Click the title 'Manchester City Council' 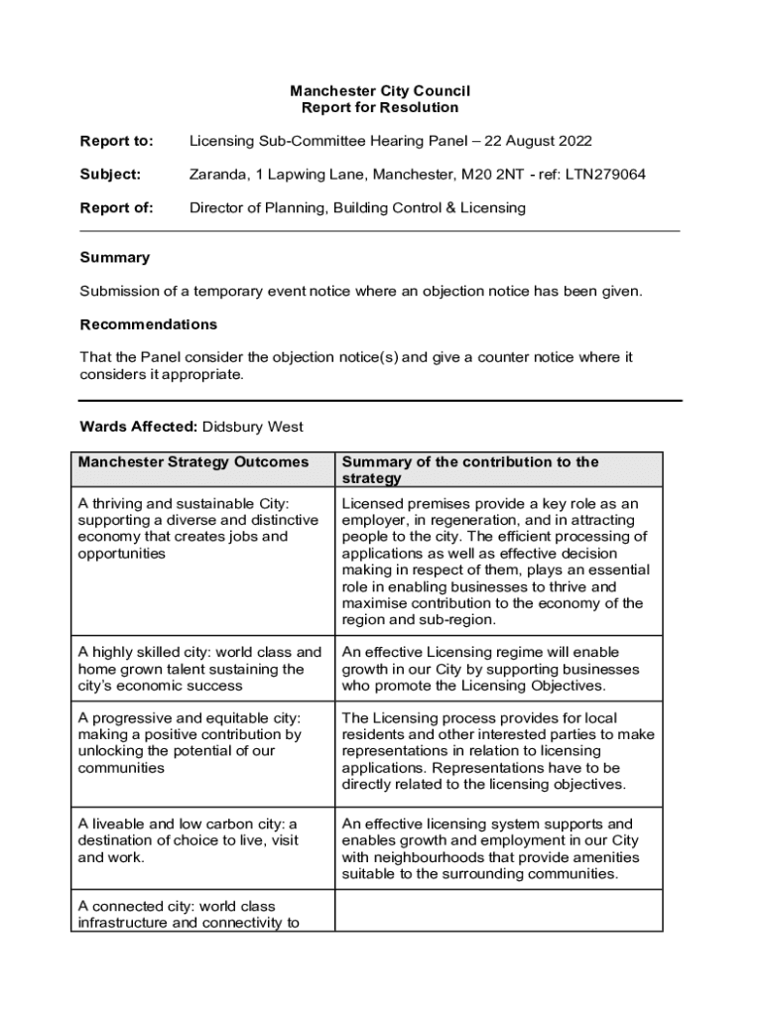click(x=380, y=90)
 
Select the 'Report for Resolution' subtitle click(x=380, y=107)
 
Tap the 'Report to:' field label click(x=116, y=142)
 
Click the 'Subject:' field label click(x=110, y=175)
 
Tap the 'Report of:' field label click(x=116, y=208)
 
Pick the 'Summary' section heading click(x=114, y=258)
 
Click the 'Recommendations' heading click(x=148, y=324)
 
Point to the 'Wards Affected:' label click(x=138, y=428)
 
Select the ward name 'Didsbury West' click(x=253, y=428)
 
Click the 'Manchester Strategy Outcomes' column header click(x=193, y=462)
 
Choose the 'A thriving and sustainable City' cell click(x=198, y=529)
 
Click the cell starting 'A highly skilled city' click(x=198, y=669)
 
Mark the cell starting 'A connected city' click(x=189, y=914)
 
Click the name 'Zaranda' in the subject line click(x=217, y=175)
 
